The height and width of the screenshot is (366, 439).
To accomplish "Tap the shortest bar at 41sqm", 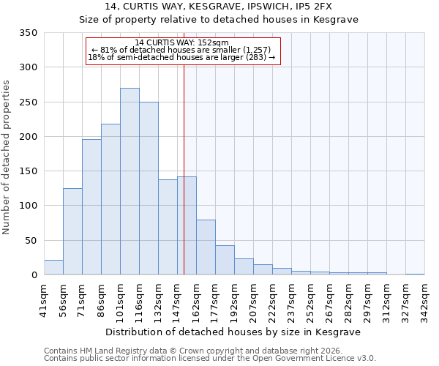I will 53,267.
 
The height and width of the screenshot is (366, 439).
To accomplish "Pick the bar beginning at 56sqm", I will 72,231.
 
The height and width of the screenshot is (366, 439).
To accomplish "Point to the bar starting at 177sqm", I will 225,260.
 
